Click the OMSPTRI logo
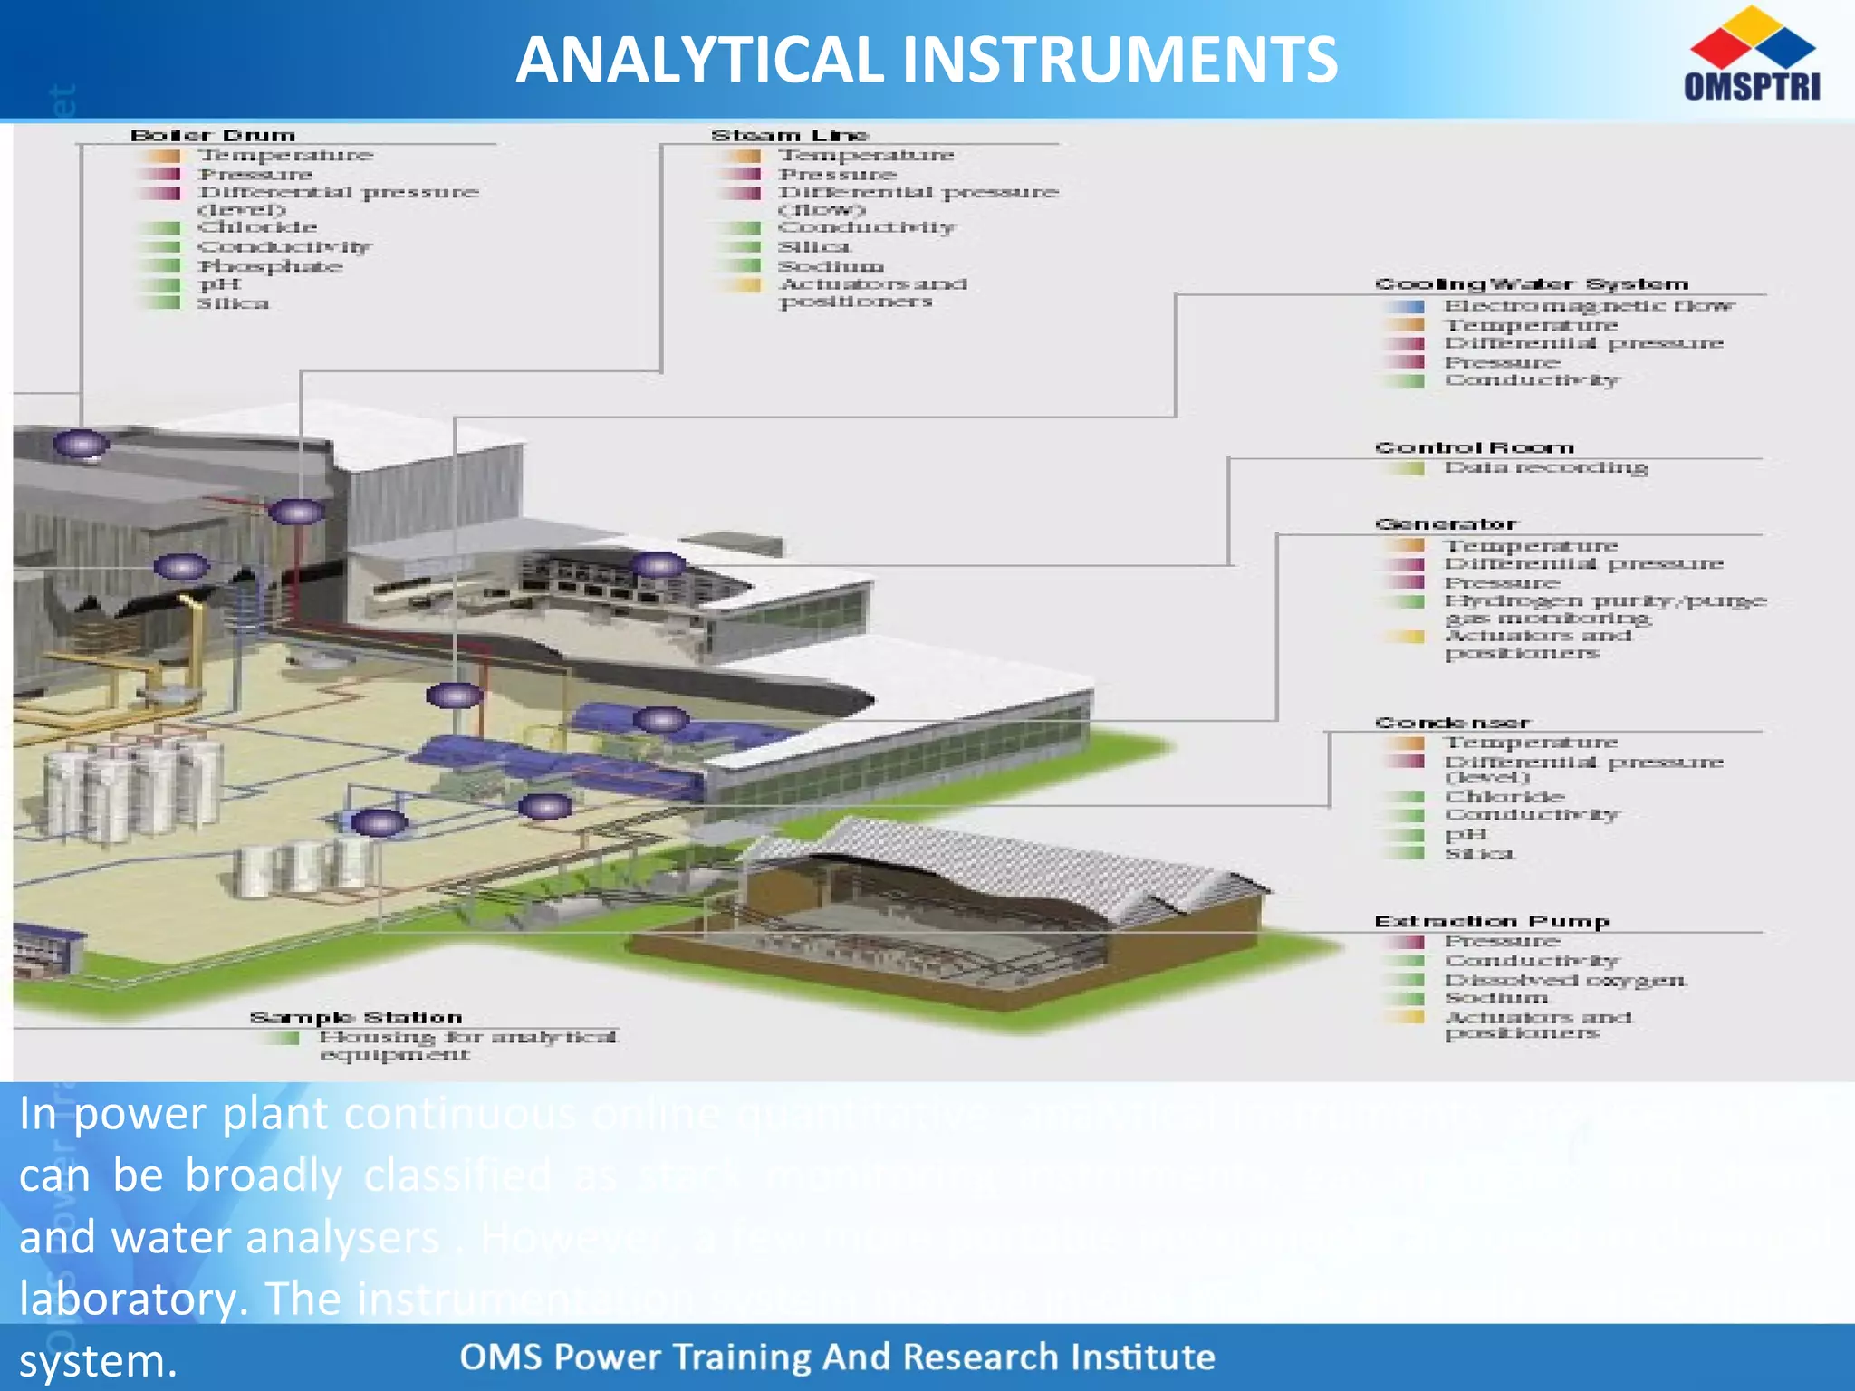(1752, 54)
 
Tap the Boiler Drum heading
(213, 136)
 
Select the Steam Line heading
(790, 136)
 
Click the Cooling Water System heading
(1532, 284)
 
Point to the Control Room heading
(1474, 448)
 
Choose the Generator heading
(1446, 524)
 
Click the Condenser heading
(1452, 723)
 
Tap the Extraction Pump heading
(1491, 922)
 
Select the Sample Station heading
(356, 1018)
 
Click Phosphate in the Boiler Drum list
(270, 266)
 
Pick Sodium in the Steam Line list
(831, 266)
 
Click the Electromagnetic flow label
(1589, 306)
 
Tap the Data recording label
(1545, 468)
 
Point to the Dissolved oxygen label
(1565, 981)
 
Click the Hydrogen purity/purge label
(1605, 601)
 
